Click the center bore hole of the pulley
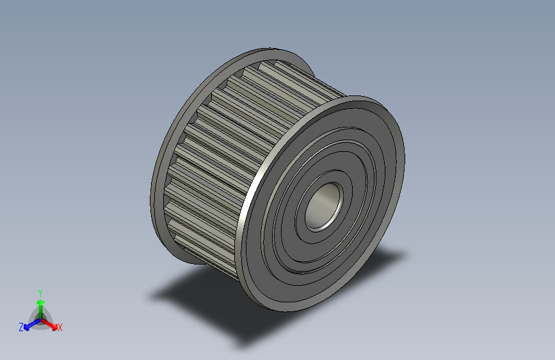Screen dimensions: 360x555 tap(324, 207)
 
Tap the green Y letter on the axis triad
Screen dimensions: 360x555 tap(40, 291)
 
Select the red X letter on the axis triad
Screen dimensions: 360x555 tap(60, 327)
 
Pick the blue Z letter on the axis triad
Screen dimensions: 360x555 tap(21, 327)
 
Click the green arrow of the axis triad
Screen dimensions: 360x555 tap(40, 304)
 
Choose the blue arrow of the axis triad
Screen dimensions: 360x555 tap(29, 323)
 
